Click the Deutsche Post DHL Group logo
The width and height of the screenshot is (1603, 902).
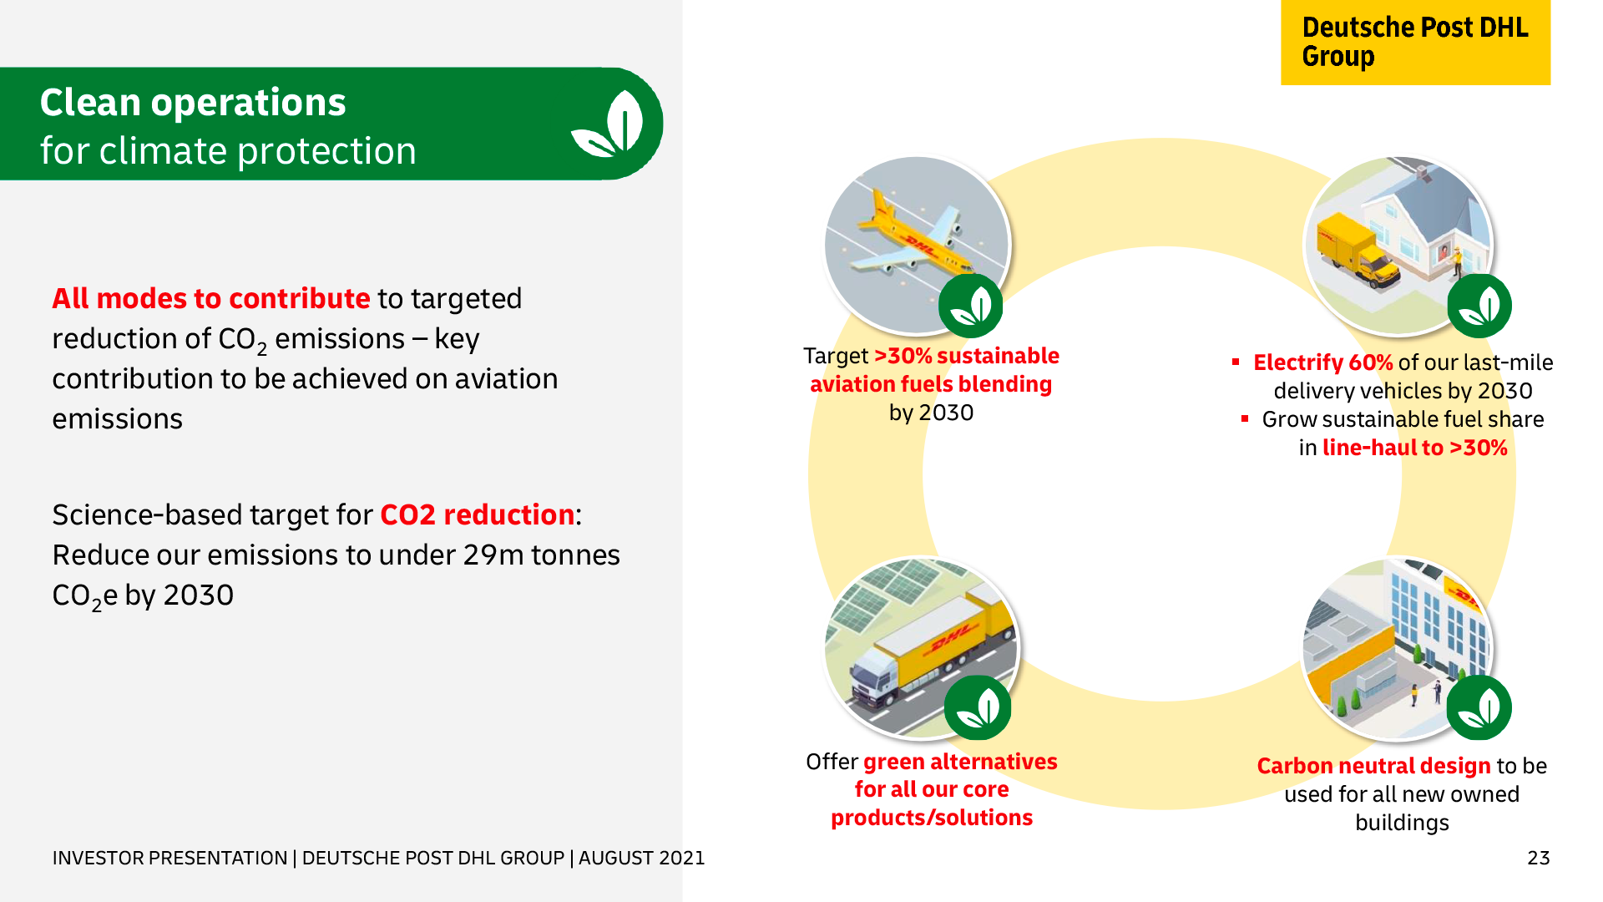(1415, 42)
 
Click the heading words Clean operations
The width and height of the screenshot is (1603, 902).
(193, 103)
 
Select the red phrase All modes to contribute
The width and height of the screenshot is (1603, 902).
(211, 298)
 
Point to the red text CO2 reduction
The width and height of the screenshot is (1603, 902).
(478, 514)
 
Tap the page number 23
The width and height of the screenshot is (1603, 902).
(1538, 858)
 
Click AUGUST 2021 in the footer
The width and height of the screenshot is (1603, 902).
(641, 858)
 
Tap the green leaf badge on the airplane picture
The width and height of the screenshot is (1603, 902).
(970, 306)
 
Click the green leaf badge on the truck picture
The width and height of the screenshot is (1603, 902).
(978, 708)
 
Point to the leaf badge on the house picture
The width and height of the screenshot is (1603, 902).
(1479, 306)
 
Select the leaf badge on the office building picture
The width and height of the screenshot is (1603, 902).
(1479, 708)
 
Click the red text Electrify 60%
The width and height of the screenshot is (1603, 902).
(1322, 362)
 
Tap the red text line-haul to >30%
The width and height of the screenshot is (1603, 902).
(1415, 448)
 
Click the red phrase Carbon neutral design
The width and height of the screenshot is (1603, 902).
(1373, 766)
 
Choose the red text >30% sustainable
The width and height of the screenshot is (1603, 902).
(967, 356)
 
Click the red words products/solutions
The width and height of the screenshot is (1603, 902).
(932, 818)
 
